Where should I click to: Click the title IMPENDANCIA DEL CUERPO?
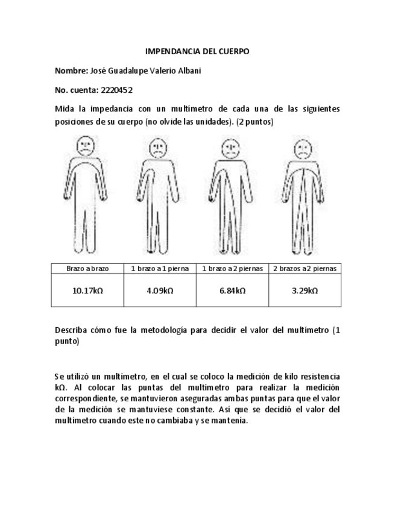pos(197,52)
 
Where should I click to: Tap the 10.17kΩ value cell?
pos(87,290)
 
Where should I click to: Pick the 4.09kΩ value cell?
pos(160,290)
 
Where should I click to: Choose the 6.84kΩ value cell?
pos(232,290)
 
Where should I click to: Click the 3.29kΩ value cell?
pos(305,290)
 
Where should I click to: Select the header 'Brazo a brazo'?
pos(87,268)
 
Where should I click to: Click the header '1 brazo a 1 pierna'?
pos(160,268)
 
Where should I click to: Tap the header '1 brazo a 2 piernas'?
pos(232,268)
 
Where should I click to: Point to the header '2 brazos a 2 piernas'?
pos(305,268)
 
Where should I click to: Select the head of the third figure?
pos(229,146)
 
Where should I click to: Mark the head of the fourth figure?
pos(301,148)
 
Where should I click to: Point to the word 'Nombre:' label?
pos(71,71)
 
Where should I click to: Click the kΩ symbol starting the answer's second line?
pos(60,387)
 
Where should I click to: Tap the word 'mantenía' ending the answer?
pos(231,420)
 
